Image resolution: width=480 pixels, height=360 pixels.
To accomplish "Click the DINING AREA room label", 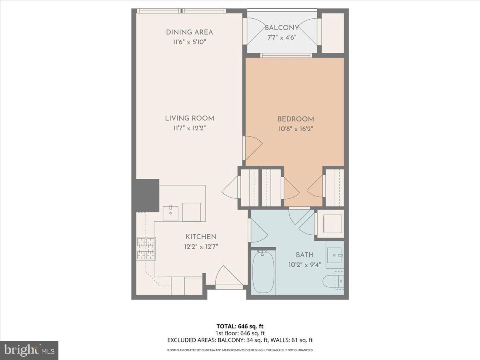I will click(190, 32).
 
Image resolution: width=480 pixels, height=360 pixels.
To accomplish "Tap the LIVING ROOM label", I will click(190, 118).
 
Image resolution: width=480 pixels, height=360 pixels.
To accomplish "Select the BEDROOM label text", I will click(296, 119).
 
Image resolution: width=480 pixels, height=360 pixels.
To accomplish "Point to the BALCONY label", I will click(282, 28).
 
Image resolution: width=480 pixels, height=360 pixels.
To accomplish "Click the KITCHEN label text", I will click(201, 237).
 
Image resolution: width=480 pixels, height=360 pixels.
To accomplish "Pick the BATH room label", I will click(304, 255).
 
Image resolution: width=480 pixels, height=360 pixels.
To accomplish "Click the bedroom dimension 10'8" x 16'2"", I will click(296, 129).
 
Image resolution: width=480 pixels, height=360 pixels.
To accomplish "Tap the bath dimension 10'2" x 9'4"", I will click(304, 265).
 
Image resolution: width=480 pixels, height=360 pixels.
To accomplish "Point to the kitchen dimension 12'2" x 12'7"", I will click(201, 247).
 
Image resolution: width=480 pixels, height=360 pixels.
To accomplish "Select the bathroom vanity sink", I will click(334, 255).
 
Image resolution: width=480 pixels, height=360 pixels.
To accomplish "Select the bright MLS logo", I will click(29, 350).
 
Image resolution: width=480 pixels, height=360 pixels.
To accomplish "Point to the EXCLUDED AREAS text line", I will click(240, 340).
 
